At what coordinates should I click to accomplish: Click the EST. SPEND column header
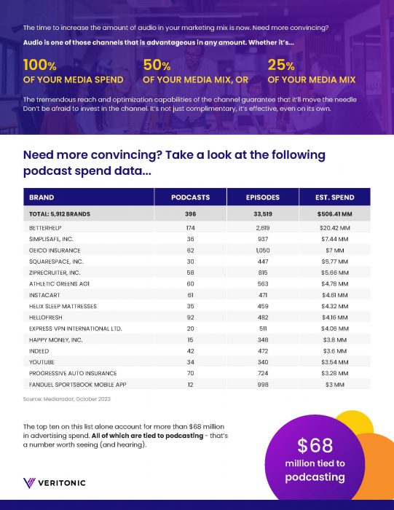pyautogui.click(x=334, y=197)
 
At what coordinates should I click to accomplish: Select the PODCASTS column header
pyautogui.click(x=191, y=197)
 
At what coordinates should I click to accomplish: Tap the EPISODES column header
pyautogui.click(x=263, y=197)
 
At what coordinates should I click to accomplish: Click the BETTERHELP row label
pyautogui.click(x=45, y=228)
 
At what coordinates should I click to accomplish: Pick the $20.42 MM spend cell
pyautogui.click(x=335, y=228)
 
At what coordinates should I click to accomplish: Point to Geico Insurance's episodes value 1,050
pyautogui.click(x=263, y=251)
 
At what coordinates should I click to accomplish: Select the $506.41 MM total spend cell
pyautogui.click(x=335, y=214)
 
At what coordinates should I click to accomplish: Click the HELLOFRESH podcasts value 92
pyautogui.click(x=191, y=318)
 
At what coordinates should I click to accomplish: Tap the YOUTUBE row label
pyautogui.click(x=42, y=362)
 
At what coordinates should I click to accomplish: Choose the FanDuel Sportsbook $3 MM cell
pyautogui.click(x=335, y=385)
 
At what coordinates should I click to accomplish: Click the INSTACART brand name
pyautogui.click(x=44, y=295)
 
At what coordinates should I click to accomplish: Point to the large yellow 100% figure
pyautogui.click(x=39, y=65)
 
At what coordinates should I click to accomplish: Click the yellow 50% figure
pyautogui.click(x=157, y=65)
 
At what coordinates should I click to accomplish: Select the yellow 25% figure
pyautogui.click(x=281, y=65)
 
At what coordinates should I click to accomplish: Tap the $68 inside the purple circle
pyautogui.click(x=315, y=445)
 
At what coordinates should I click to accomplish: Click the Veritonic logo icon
pyautogui.click(x=29, y=482)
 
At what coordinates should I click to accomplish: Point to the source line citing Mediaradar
pyautogui.click(x=67, y=399)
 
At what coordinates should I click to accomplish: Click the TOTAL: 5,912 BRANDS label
pyautogui.click(x=60, y=214)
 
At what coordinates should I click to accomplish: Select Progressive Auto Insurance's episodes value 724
pyautogui.click(x=263, y=373)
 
